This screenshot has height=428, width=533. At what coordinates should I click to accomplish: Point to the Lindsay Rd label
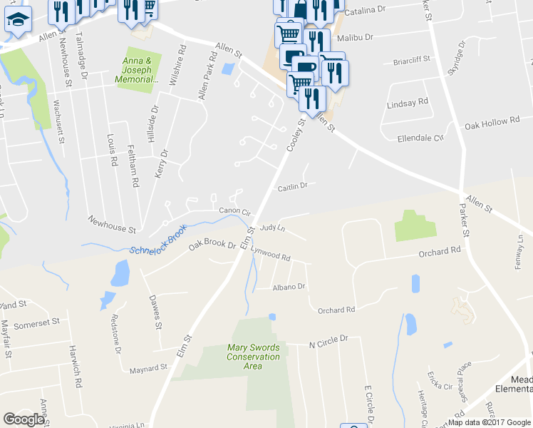(x=407, y=103)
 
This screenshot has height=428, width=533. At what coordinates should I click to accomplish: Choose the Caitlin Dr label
(x=291, y=186)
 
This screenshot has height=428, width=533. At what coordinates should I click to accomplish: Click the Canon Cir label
(x=235, y=212)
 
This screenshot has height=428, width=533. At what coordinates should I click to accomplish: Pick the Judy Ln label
(x=272, y=228)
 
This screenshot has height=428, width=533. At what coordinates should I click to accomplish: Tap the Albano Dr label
(x=289, y=287)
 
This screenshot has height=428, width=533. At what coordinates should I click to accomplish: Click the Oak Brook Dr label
(x=212, y=245)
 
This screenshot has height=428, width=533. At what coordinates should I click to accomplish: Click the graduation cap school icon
(x=18, y=19)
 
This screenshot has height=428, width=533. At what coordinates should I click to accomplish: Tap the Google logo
(x=24, y=419)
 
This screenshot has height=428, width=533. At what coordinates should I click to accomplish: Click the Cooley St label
(x=296, y=135)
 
